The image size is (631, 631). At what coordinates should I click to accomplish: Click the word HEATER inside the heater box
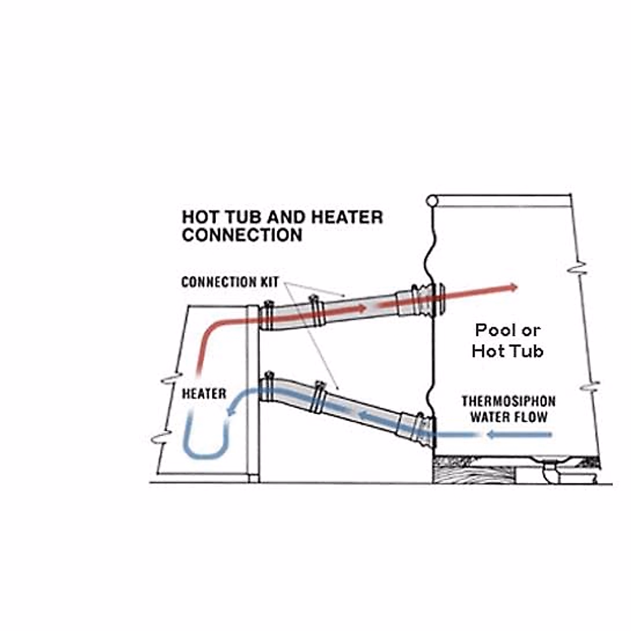[x=204, y=394]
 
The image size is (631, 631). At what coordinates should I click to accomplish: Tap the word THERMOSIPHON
[x=508, y=402]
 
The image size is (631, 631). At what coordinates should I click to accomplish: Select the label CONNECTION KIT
[x=230, y=282]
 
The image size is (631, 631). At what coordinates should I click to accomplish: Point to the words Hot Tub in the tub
[x=507, y=351]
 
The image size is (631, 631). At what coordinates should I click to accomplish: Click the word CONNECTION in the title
[x=242, y=235]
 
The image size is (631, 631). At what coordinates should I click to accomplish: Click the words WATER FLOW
[x=508, y=418]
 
